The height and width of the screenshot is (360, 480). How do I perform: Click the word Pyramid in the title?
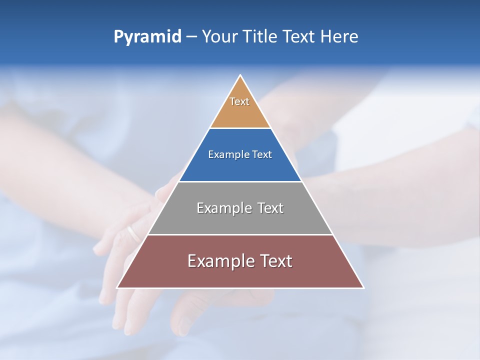click(147, 37)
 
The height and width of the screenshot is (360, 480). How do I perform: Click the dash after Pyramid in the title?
click(191, 37)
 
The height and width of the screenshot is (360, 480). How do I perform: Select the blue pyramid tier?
click(240, 167)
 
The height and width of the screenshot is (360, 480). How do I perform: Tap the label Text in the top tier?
click(239, 101)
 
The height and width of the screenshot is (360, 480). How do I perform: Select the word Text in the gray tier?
click(270, 208)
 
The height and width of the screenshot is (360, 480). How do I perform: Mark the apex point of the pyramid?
click(240, 75)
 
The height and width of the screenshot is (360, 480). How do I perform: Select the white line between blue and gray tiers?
click(240, 181)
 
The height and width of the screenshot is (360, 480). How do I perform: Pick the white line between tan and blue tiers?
click(240, 128)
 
